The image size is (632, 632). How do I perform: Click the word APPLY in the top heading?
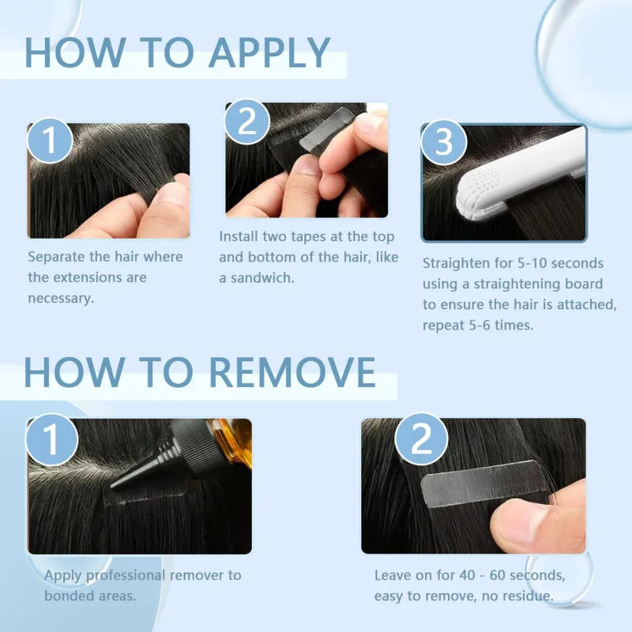(269, 52)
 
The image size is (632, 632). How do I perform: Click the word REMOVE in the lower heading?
(292, 372)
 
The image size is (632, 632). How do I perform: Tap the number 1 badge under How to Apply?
(50, 141)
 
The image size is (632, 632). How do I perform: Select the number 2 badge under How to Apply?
(246, 121)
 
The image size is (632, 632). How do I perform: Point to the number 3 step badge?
(444, 142)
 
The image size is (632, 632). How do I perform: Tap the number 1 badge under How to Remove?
(51, 439)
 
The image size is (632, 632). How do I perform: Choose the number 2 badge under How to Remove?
(421, 438)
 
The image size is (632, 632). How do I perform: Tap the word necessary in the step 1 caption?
(61, 299)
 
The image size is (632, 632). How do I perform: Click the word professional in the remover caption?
(126, 576)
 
